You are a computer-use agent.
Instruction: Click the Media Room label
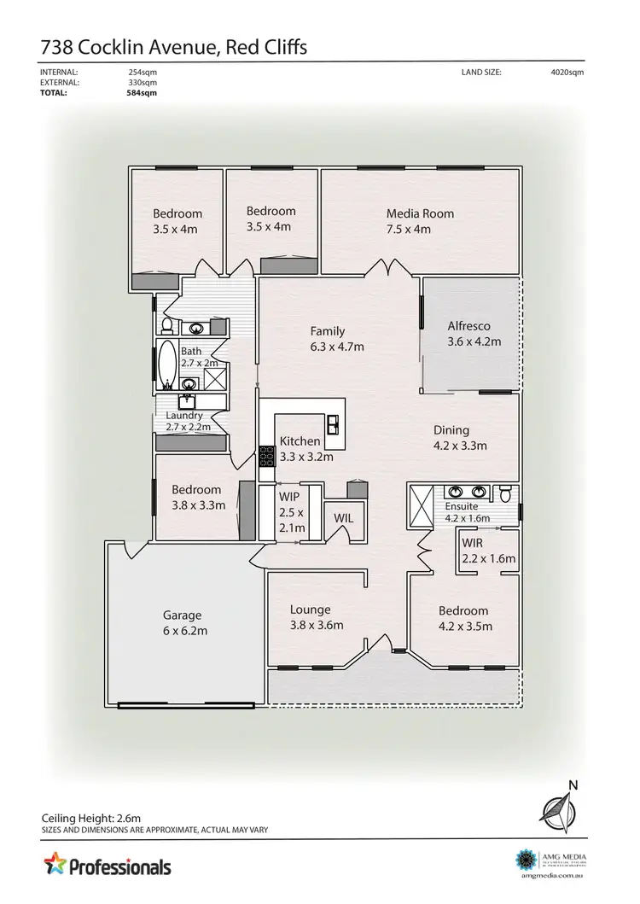420,213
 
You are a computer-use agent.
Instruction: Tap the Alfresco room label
468,326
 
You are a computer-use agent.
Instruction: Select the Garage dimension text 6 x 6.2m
185,631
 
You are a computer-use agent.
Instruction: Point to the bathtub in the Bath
166,365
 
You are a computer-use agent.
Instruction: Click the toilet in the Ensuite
506,493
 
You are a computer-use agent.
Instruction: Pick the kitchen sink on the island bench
332,424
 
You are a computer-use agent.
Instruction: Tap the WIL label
344,518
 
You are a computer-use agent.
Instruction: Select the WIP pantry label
289,495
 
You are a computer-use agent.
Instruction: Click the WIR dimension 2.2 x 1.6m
488,559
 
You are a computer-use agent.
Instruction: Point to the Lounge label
310,609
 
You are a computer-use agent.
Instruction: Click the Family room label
327,331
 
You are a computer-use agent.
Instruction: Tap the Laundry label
183,416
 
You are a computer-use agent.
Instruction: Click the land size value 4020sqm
567,73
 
